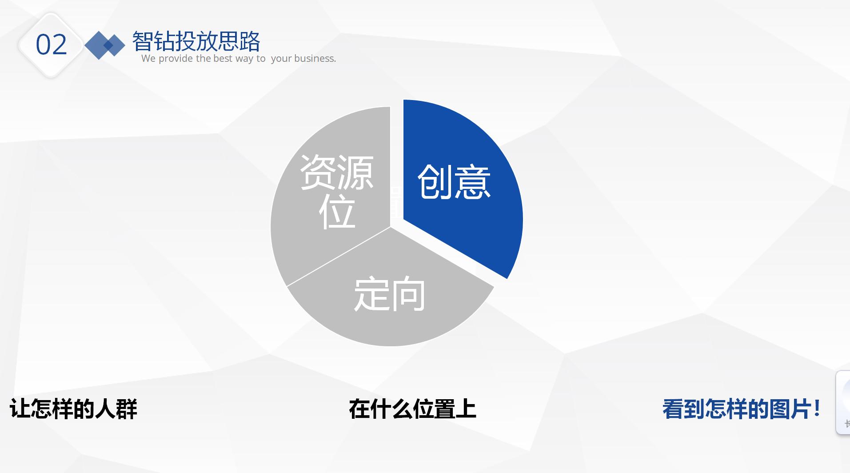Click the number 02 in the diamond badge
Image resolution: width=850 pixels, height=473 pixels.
click(51, 45)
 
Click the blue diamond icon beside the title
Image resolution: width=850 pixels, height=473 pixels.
click(104, 45)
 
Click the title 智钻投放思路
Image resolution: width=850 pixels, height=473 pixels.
click(196, 42)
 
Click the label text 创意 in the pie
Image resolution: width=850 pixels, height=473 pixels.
click(454, 182)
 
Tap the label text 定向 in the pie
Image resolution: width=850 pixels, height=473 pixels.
click(389, 294)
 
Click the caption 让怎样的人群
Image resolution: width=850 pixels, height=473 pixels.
click(73, 409)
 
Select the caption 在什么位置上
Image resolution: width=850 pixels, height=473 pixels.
click(412, 409)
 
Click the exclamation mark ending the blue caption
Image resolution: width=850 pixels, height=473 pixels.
click(817, 408)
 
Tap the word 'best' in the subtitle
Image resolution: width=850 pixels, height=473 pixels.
click(223, 59)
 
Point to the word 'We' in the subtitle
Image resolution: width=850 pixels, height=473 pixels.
click(148, 59)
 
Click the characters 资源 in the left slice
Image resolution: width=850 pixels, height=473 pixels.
click(337, 172)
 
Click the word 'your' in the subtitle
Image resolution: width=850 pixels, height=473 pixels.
click(281, 59)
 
